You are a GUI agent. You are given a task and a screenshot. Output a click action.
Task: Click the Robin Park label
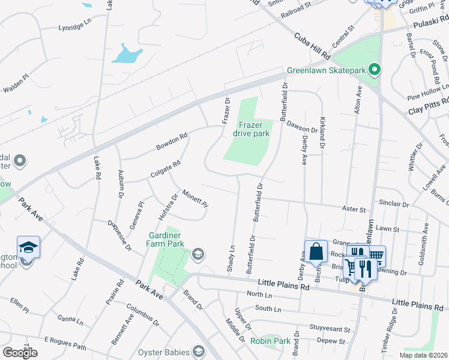[270, 341]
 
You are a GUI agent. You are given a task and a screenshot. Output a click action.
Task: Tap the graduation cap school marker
[28, 247]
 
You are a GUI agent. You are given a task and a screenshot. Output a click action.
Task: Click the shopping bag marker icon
[316, 252]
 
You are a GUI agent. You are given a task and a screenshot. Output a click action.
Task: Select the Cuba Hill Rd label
[312, 46]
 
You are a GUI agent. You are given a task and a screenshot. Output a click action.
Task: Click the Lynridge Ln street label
[74, 28]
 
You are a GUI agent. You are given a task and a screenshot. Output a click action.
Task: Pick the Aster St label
[354, 209]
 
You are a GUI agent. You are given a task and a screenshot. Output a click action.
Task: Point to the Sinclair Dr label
[394, 205]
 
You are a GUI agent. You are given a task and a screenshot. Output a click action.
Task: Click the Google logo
[20, 352]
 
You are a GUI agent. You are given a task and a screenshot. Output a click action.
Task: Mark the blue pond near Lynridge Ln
[125, 55]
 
